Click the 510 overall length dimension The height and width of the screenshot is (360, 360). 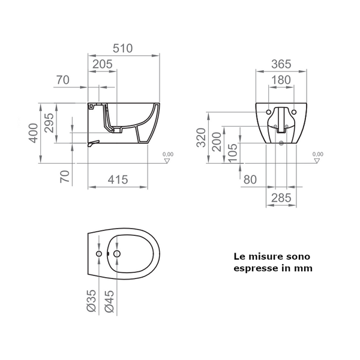pos(123,49)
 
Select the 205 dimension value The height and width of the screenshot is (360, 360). pos(103,63)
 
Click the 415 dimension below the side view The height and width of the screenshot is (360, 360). pos(118,178)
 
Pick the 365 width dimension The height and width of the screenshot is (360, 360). pos(281,64)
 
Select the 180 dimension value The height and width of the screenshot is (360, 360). pos(281,79)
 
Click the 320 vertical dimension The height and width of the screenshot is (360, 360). pos(202,138)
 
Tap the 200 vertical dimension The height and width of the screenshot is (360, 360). pos(218,142)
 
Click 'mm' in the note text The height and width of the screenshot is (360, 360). pos(304,269)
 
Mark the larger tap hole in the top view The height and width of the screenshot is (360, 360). pos(116,256)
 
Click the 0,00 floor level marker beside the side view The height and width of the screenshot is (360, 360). pos(169,155)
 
